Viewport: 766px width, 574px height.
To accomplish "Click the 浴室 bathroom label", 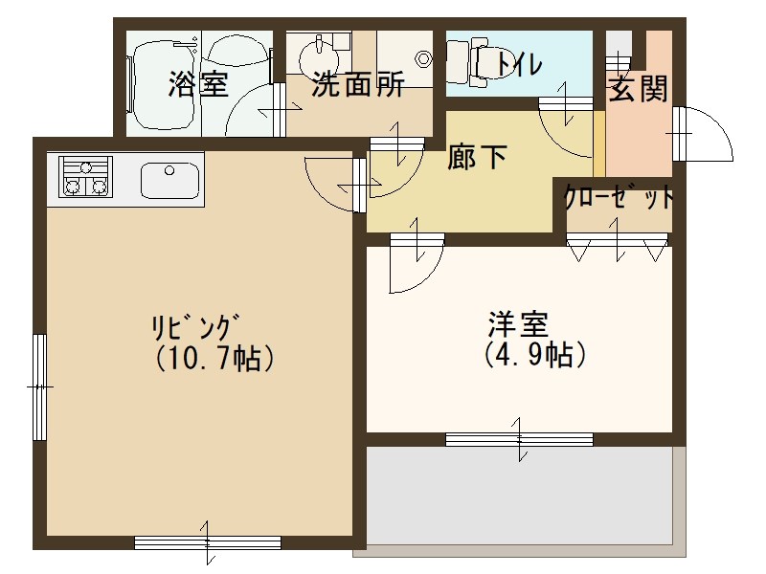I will click(x=198, y=84).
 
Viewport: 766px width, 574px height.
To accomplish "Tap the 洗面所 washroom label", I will click(x=358, y=85).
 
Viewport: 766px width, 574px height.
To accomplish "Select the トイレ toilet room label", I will click(x=517, y=64).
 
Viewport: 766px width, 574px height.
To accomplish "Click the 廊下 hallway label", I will click(x=477, y=157).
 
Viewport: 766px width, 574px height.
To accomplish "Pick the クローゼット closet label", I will click(x=619, y=198).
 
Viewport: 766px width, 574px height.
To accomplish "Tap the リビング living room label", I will click(x=194, y=326).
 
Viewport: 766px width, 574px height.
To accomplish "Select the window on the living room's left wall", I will click(x=39, y=386).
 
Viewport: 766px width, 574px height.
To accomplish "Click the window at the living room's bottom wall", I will click(x=207, y=542).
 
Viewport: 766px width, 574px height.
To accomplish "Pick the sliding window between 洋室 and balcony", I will click(x=519, y=439).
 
